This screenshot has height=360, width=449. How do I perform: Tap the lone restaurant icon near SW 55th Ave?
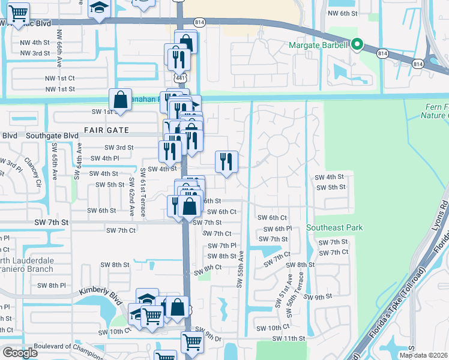click(x=227, y=162)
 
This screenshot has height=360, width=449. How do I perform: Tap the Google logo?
click(x=20, y=353)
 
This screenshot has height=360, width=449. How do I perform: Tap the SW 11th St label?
click(x=289, y=339)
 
